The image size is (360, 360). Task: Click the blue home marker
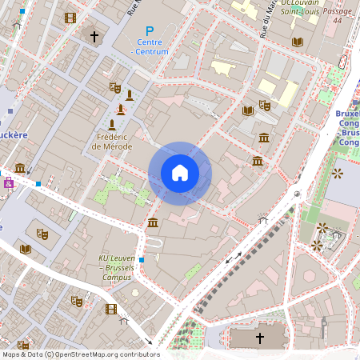click(180, 173)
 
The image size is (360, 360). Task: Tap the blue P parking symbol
click(149, 32)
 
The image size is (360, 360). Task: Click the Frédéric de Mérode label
click(112, 142)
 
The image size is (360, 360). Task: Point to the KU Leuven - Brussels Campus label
click(115, 267)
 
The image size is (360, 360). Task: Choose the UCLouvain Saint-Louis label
click(303, 7)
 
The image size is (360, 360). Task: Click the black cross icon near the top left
click(94, 36)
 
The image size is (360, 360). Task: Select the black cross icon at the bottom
click(259, 338)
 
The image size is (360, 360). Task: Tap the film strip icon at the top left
click(70, 18)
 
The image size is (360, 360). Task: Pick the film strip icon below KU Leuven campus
click(111, 309)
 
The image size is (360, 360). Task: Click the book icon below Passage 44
click(298, 42)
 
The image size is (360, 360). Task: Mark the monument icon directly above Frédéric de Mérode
click(112, 124)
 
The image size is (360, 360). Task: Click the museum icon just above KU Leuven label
click(152, 222)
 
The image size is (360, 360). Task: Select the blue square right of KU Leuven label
click(142, 260)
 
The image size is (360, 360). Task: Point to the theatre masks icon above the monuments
click(114, 87)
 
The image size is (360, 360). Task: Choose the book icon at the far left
click(26, 249)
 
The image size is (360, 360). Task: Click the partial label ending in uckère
click(14, 134)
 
